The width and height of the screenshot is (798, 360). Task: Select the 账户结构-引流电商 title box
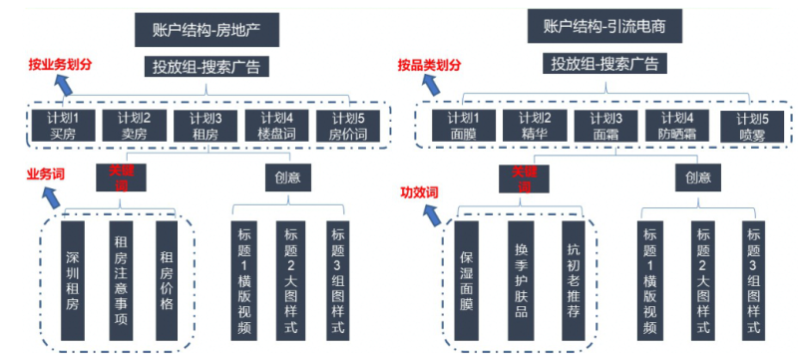pyautogui.click(x=605, y=27)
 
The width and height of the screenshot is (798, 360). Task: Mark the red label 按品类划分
pyautogui.click(x=429, y=65)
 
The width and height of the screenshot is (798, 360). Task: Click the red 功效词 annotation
pyautogui.click(x=420, y=190)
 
